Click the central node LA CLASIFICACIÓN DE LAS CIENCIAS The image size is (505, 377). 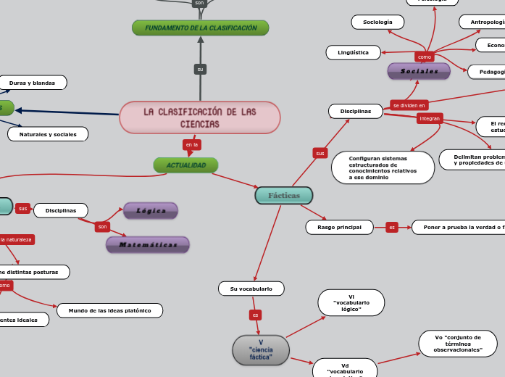coord(199,117)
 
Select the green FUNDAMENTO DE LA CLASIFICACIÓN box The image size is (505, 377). coord(201,28)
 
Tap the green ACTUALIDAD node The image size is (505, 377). coord(185,165)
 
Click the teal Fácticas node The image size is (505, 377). coord(284,196)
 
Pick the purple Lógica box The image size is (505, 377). coord(151,211)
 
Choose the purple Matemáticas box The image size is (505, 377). coord(148,245)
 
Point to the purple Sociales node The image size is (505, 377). coord(419,71)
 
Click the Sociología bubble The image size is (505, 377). coord(377,22)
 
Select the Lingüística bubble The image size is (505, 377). coord(353,52)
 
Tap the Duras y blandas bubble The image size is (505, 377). coord(32,83)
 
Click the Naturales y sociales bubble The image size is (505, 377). coord(48,134)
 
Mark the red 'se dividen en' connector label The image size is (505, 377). coord(409,105)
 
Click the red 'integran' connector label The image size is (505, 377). coord(430,118)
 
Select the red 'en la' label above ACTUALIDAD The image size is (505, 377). coord(192,145)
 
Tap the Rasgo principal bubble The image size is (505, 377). coord(339,228)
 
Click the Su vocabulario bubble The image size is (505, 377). coord(251,289)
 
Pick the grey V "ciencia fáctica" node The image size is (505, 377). coord(261,350)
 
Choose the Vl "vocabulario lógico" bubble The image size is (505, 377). coord(351,302)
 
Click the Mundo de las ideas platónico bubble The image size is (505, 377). coord(109,310)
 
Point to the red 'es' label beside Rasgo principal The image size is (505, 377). coord(392,228)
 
